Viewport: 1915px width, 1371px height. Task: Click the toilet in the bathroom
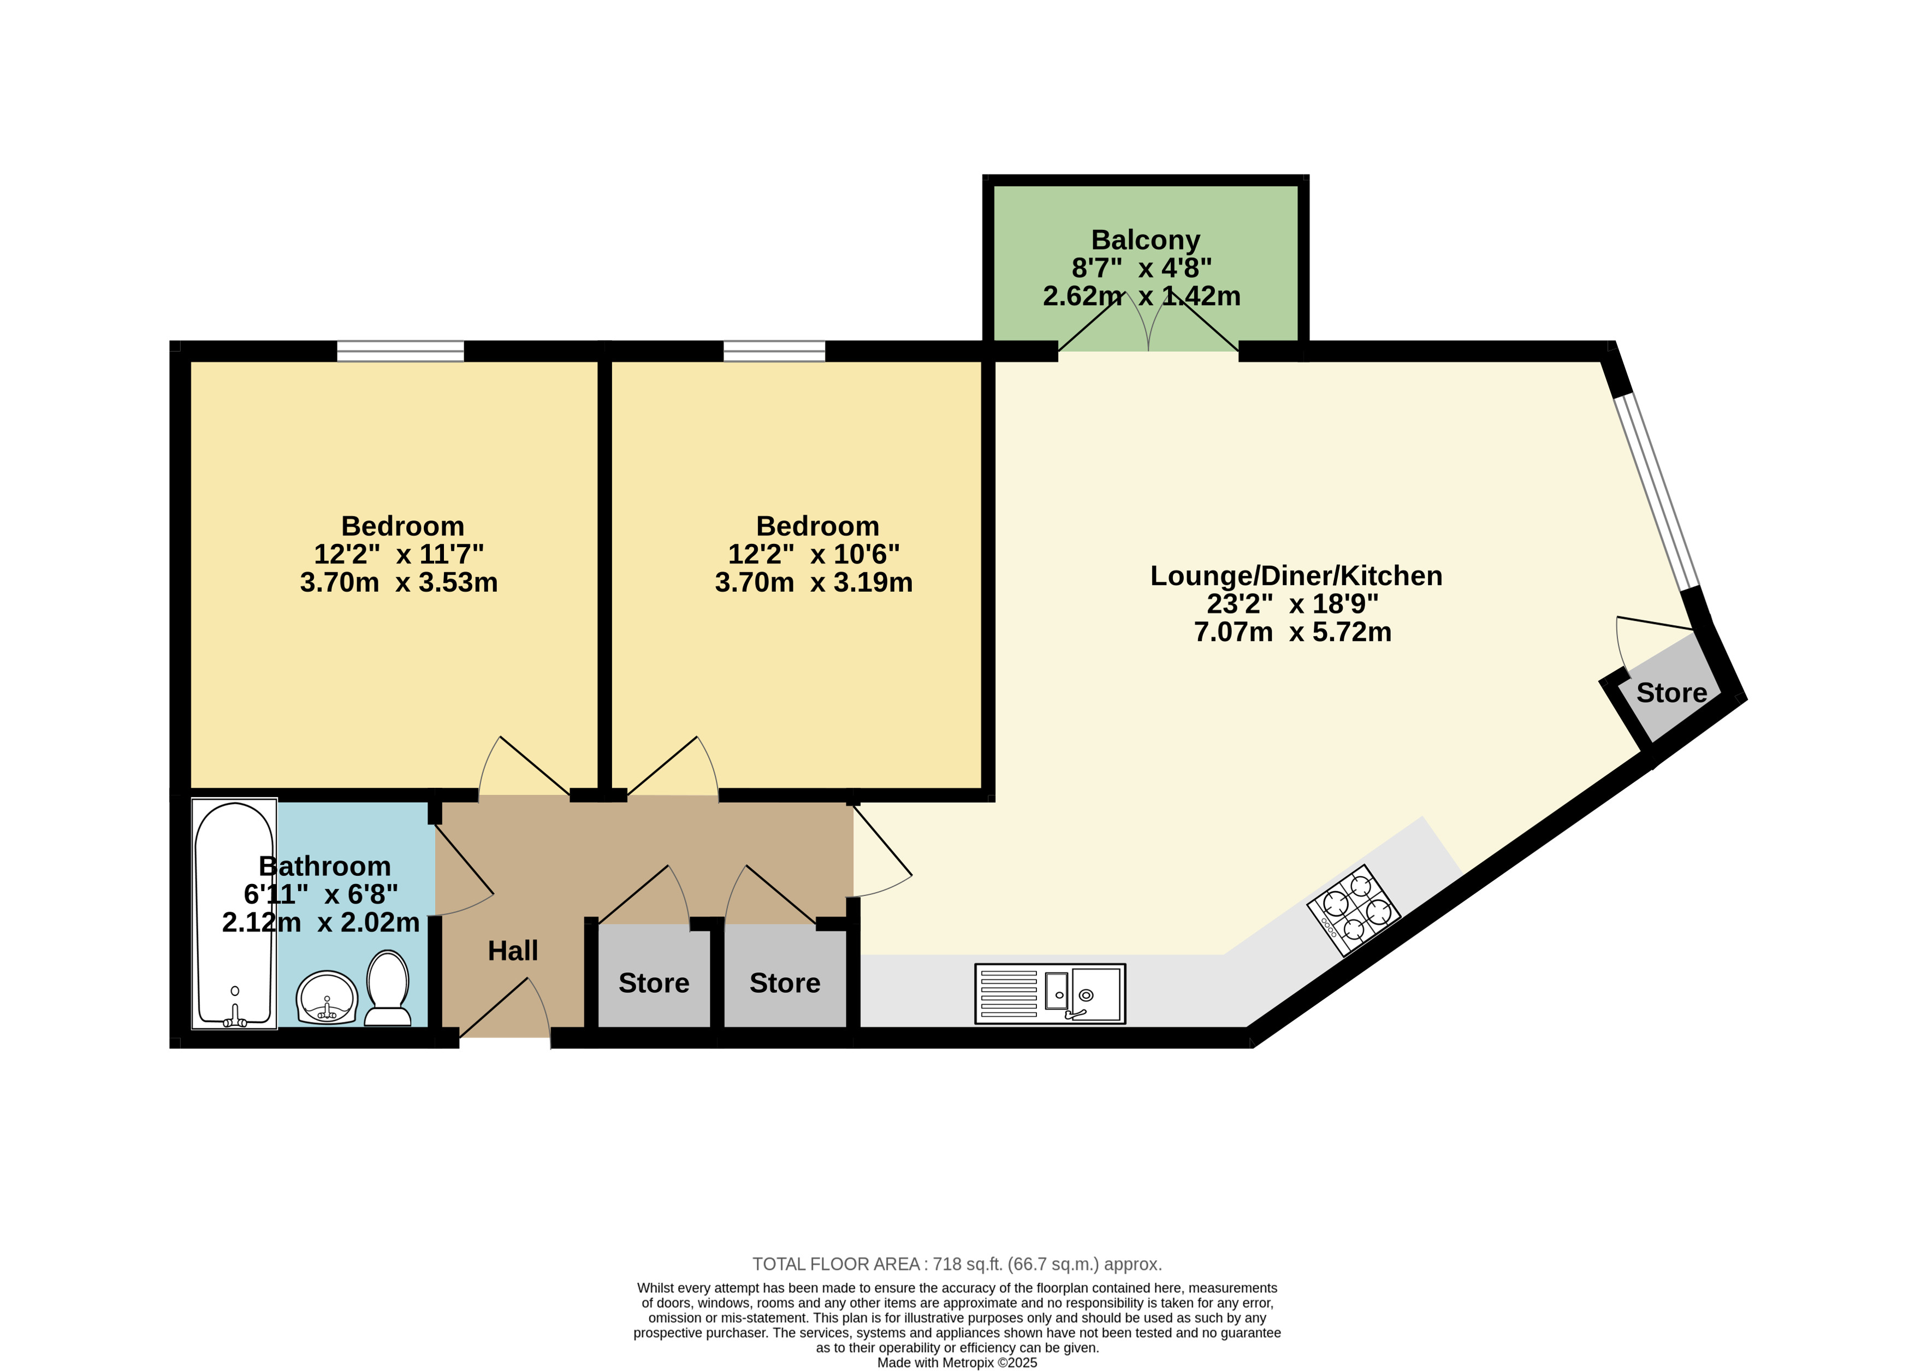(x=388, y=988)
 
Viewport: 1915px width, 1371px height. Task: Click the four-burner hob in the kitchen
(x=1354, y=910)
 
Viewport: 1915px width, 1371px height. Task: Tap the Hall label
(x=513, y=951)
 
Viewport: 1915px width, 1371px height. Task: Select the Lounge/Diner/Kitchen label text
(x=1296, y=575)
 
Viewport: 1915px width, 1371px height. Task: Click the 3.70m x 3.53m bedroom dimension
(x=399, y=583)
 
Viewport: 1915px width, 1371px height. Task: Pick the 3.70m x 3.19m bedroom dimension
(x=814, y=583)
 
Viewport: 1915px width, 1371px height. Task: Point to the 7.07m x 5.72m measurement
(x=1293, y=632)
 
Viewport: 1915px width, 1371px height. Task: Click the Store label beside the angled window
(x=1672, y=692)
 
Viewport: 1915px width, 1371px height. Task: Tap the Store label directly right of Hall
(x=654, y=983)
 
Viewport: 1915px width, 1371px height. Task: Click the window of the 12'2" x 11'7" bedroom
(x=400, y=351)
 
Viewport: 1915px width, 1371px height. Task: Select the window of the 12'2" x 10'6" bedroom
(x=774, y=351)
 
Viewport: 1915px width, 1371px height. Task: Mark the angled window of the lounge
(x=1657, y=491)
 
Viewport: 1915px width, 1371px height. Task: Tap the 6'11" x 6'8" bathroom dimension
(x=321, y=894)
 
